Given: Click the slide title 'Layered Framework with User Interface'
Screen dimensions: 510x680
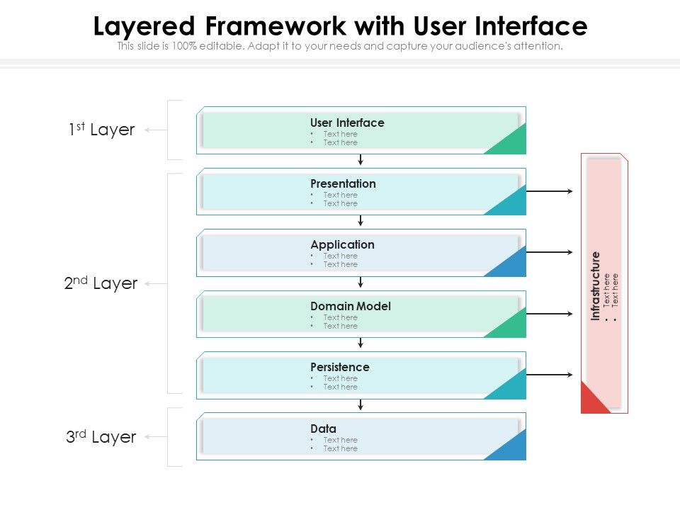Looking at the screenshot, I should tap(340, 27).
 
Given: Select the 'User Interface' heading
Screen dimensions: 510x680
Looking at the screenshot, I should tap(347, 123).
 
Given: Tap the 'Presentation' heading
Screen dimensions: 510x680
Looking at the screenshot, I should tap(343, 183).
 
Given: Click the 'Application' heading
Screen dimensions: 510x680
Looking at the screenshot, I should tap(342, 244).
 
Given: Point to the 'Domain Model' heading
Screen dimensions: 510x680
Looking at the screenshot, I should tap(350, 306).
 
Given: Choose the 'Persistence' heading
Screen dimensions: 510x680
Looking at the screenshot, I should tap(339, 367).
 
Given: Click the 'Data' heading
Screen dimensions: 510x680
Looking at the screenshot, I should tap(323, 429).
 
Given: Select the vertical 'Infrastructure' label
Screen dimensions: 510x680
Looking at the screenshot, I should tap(596, 285).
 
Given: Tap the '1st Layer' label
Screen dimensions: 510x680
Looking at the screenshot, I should tap(101, 130).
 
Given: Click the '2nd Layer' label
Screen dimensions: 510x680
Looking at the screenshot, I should tap(101, 283).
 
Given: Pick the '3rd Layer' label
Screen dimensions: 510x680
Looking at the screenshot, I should tap(101, 437).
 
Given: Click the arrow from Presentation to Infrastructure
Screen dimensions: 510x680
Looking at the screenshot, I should tap(550, 191).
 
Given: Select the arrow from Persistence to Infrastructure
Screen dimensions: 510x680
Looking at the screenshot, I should tap(550, 375).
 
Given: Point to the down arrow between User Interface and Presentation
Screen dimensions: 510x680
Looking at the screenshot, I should tap(361, 160).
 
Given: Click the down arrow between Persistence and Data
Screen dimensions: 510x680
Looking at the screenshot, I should tap(361, 405).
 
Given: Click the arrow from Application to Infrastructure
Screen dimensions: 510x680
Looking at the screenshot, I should tap(550, 252).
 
